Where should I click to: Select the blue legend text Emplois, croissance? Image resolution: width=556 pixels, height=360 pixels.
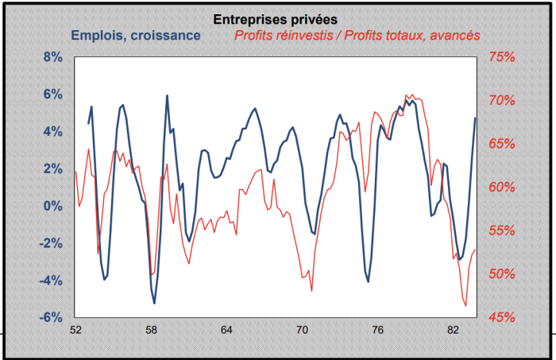pos(135,35)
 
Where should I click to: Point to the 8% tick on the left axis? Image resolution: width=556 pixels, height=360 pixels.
pos(52,57)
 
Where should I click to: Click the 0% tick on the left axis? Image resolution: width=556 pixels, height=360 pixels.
pos(52,206)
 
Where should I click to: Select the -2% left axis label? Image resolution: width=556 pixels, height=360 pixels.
pos(51,243)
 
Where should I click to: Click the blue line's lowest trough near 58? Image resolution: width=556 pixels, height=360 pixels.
pos(154,303)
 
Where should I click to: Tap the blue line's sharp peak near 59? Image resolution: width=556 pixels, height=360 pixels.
pos(167,95)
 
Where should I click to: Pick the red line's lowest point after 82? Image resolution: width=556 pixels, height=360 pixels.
pos(465,305)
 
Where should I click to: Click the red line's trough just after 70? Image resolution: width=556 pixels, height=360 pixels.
pos(311,291)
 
